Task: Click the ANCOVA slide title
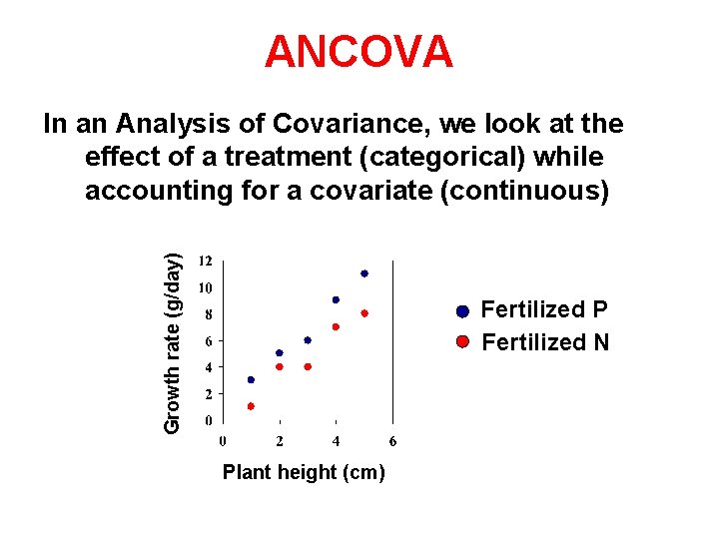tap(359, 52)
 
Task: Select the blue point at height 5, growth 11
tap(364, 273)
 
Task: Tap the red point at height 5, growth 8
tap(364, 313)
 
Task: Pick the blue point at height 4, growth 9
tap(337, 299)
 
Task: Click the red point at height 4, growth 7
tap(337, 327)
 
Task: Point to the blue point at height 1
tap(251, 379)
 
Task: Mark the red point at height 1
tap(251, 406)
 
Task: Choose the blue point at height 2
tap(280, 353)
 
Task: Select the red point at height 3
tap(308, 366)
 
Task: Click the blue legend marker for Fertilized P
tap(462, 310)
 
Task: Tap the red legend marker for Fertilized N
tap(462, 341)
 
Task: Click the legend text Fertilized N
tap(545, 342)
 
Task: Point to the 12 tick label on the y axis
tap(205, 261)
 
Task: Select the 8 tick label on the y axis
tap(208, 314)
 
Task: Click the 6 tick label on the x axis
tap(393, 441)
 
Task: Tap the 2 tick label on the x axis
tap(280, 441)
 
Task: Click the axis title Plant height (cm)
tap(304, 472)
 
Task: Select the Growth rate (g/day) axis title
tap(173, 343)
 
